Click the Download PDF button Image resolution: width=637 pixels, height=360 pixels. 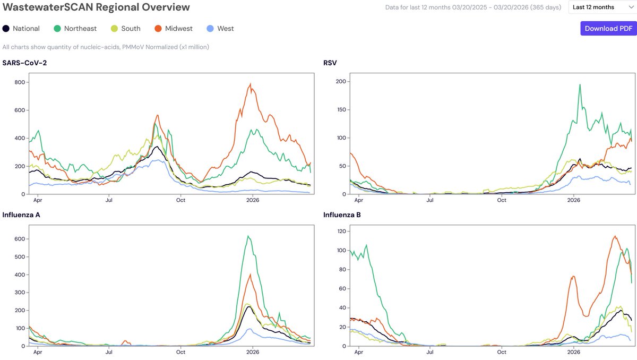pyautogui.click(x=608, y=29)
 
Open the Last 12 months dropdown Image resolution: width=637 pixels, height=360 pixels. pyautogui.click(x=602, y=7)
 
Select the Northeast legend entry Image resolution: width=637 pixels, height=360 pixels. pyautogui.click(x=75, y=29)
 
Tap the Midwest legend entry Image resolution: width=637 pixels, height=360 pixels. pyautogui.click(x=174, y=29)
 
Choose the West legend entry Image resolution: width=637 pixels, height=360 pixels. pyautogui.click(x=220, y=29)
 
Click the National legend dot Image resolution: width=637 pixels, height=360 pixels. pyautogui.click(x=6, y=29)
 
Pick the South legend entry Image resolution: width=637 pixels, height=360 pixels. pyautogui.click(x=125, y=29)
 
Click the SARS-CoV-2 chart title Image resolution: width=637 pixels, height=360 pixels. pyautogui.click(x=24, y=63)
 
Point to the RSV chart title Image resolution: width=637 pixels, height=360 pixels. pyautogui.click(x=330, y=63)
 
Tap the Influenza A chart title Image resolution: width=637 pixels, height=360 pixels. pyautogui.click(x=21, y=215)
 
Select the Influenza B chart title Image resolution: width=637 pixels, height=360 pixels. pyautogui.click(x=342, y=215)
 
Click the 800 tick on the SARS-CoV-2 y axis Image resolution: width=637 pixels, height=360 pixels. pyautogui.click(x=20, y=82)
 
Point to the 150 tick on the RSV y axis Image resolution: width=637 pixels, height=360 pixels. pyautogui.click(x=341, y=109)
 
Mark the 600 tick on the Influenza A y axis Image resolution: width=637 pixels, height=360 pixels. pyautogui.click(x=20, y=239)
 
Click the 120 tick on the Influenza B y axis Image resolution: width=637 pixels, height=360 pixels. pyautogui.click(x=341, y=231)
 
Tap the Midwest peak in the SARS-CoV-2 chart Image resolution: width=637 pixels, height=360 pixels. pyautogui.click(x=250, y=83)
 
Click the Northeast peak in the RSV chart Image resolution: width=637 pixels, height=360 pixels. pyautogui.click(x=580, y=84)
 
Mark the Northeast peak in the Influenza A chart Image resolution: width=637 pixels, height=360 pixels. pyautogui.click(x=248, y=236)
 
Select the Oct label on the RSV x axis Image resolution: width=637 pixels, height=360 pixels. pyautogui.click(x=502, y=200)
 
